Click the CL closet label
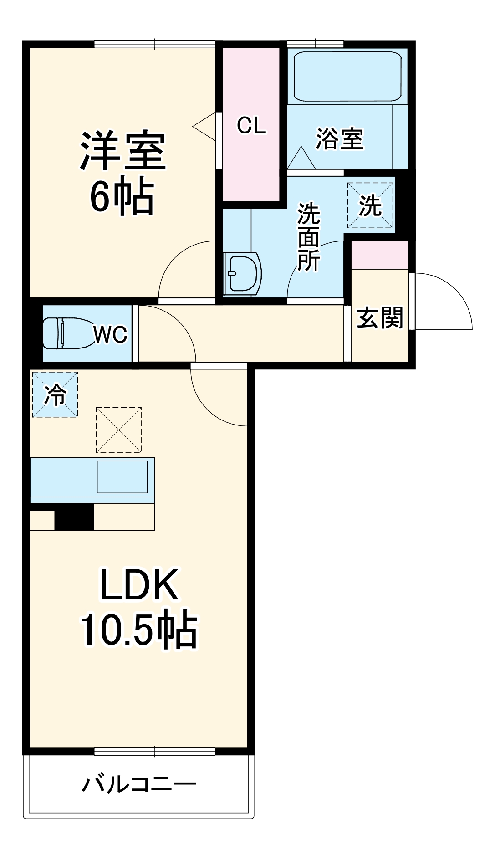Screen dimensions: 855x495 251,125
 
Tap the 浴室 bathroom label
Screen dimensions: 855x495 340,138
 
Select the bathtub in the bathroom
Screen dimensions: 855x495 347,77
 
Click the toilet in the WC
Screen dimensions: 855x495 66,333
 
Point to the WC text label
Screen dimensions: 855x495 110,335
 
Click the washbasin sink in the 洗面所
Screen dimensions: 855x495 243,274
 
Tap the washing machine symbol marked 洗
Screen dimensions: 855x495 370,205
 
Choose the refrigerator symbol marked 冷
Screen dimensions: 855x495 55,394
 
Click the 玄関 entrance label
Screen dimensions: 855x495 380,317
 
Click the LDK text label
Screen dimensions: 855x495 139,585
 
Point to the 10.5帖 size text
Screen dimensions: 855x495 139,630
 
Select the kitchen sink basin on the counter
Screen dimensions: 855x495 122,477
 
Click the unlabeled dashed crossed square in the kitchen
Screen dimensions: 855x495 118,430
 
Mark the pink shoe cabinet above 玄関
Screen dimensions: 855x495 380,255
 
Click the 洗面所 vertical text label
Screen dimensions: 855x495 308,237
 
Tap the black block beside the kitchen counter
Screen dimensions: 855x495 74,517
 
